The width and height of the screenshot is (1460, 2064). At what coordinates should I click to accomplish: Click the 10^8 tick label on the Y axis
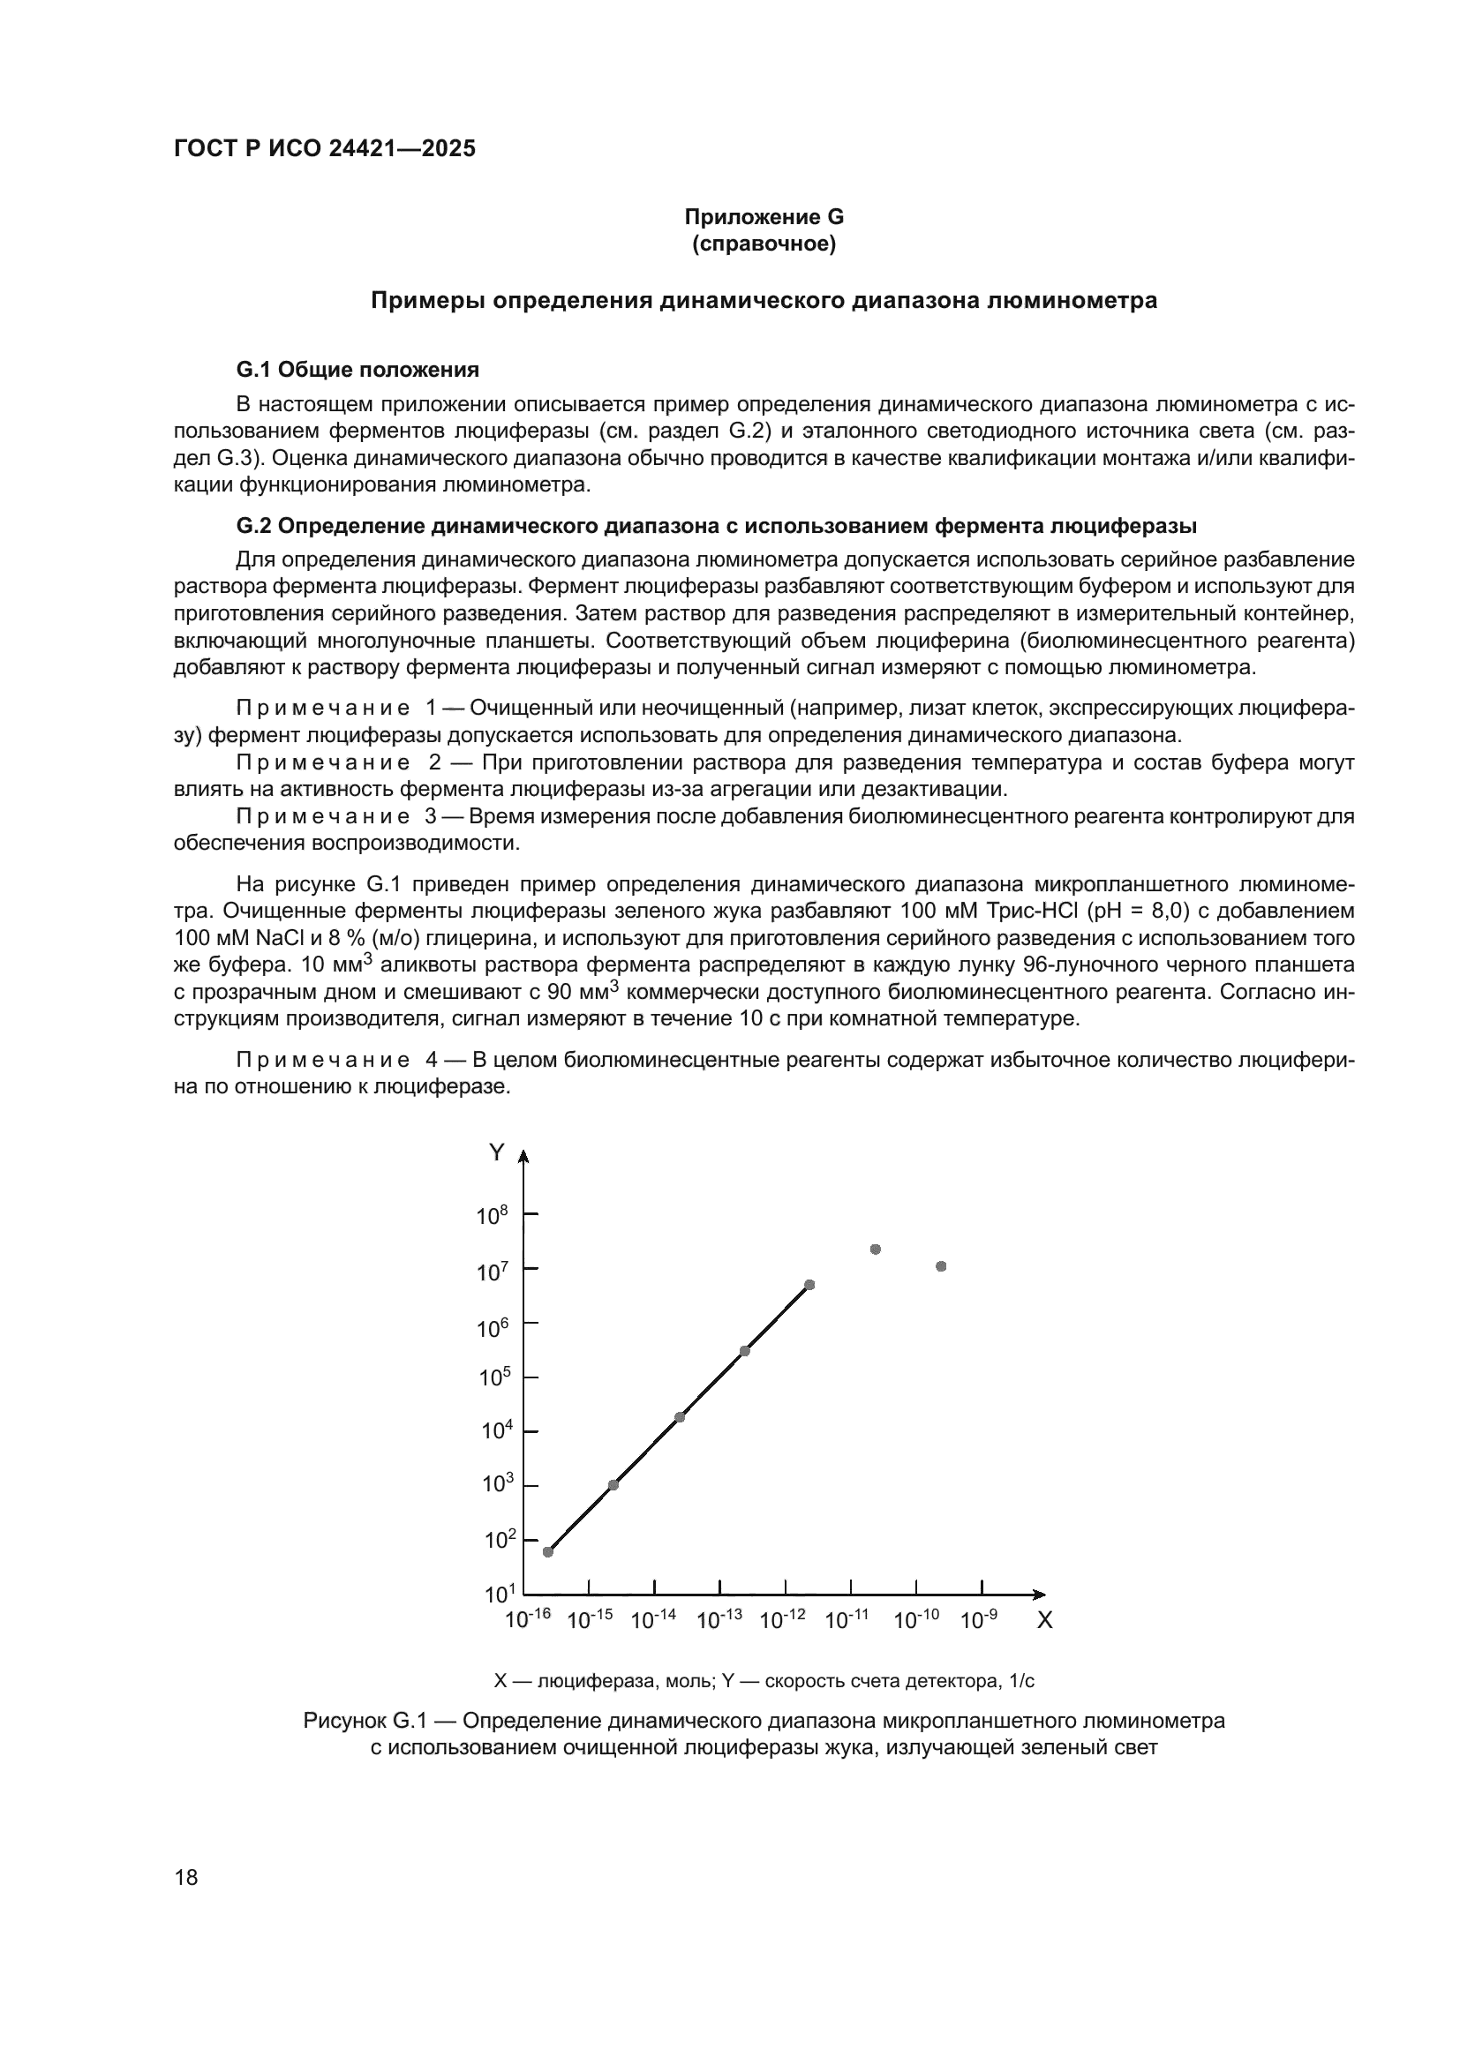tap(493, 1215)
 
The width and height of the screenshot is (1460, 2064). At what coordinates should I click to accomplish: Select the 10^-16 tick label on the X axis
tap(527, 1620)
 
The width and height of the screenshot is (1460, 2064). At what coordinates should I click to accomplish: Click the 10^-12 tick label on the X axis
tap(782, 1620)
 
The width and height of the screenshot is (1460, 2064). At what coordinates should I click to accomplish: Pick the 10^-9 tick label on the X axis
tap(978, 1620)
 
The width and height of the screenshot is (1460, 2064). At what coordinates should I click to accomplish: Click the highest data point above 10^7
tap(876, 1249)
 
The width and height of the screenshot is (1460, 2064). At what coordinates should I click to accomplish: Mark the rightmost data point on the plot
tap(941, 1265)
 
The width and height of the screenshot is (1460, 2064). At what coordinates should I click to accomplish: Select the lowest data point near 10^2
tap(548, 1551)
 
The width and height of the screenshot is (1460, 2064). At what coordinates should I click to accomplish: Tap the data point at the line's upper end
tap(809, 1285)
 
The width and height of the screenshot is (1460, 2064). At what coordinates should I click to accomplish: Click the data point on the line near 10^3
tap(613, 1484)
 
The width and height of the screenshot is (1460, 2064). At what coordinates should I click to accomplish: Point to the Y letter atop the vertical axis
tap(496, 1152)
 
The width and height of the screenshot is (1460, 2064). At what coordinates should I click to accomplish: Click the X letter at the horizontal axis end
tap(1044, 1621)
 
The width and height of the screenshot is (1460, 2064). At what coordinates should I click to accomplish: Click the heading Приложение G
tap(764, 217)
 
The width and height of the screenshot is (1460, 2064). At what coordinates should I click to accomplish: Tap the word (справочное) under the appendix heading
tap(764, 244)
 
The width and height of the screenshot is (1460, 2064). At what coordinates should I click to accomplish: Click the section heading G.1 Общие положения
tap(357, 370)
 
